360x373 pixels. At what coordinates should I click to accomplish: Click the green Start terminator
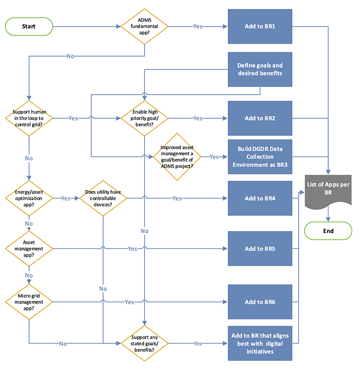[29, 26]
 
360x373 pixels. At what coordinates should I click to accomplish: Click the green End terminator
[328, 231]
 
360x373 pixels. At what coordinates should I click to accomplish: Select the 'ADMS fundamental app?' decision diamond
[144, 26]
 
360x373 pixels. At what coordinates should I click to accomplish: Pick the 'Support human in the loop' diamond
[29, 118]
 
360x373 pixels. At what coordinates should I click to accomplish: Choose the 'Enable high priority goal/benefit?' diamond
[144, 118]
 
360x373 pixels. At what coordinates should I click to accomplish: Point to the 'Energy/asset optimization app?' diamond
[29, 198]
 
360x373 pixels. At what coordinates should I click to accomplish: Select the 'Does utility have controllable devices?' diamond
[103, 198]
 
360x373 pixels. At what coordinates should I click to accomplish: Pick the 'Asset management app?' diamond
[29, 249]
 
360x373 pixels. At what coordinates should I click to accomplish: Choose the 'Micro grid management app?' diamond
[29, 302]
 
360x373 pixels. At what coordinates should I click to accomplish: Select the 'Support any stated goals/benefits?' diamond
[144, 343]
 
